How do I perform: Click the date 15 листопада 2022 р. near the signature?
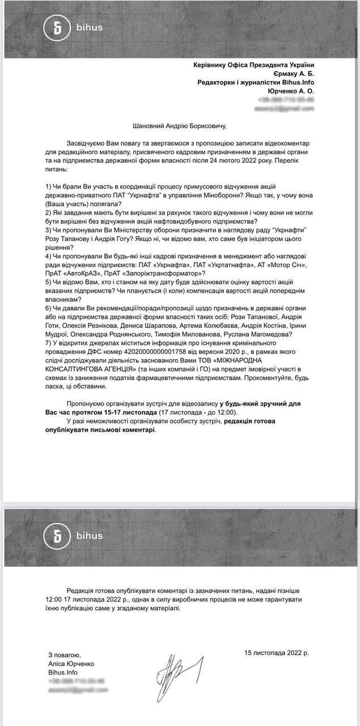[277, 653]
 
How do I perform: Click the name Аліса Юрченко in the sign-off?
[71, 664]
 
